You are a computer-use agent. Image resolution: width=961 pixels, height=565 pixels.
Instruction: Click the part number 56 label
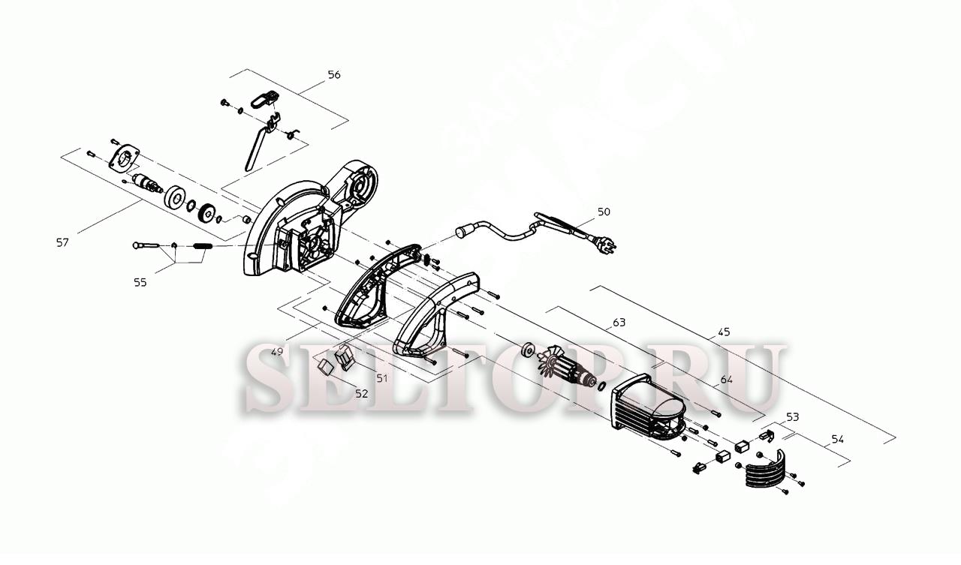334,75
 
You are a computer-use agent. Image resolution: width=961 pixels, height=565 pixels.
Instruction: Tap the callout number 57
62,242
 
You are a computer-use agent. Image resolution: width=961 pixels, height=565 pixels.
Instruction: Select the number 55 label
140,282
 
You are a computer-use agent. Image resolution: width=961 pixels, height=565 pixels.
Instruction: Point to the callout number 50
604,212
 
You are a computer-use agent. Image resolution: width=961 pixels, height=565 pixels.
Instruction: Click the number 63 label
619,323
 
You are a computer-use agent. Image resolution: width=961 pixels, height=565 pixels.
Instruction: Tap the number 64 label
726,380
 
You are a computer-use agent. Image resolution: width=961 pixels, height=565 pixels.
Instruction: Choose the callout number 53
793,416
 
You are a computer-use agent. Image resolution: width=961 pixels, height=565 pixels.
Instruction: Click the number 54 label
838,439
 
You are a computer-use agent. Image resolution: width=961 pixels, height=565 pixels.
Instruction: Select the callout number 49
278,352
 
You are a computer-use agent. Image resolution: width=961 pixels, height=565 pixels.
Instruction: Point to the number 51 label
382,379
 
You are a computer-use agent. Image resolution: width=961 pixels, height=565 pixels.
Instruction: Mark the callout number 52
362,393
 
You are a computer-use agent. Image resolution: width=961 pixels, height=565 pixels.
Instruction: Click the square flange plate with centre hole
125,159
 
